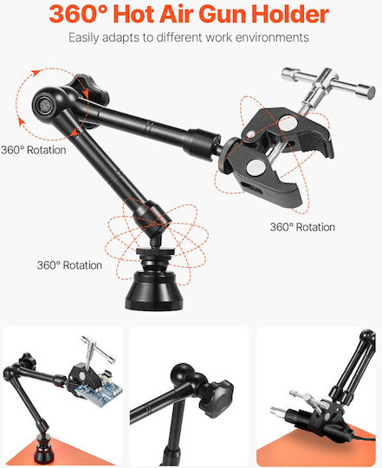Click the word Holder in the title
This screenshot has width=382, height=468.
click(290, 14)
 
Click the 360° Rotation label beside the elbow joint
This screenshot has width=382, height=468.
click(34, 150)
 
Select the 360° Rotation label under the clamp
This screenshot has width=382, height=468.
click(302, 227)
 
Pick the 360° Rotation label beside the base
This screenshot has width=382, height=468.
click(69, 265)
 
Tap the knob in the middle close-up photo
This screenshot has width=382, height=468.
click(217, 398)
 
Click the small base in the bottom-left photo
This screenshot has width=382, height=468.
click(44, 452)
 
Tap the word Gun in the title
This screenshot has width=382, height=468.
click(223, 14)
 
